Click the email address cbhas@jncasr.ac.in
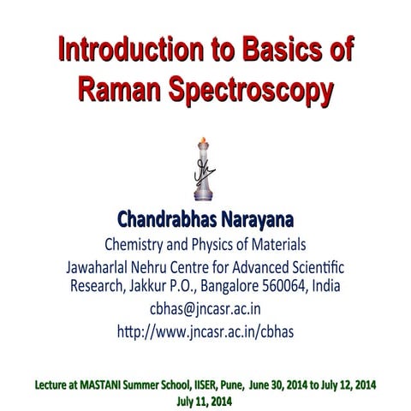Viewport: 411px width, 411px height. point(205,309)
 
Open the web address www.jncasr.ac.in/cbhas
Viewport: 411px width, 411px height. point(217,331)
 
